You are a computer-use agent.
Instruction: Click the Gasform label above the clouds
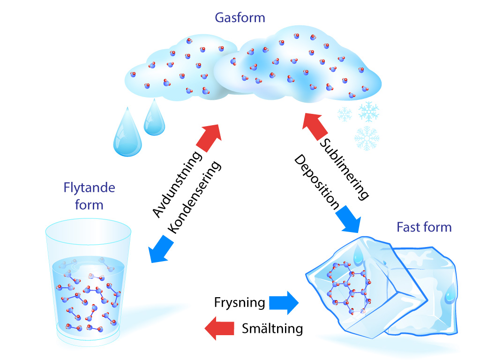[x=240, y=18]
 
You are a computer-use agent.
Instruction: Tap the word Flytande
[x=89, y=188]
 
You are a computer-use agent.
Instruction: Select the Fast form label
[x=424, y=227]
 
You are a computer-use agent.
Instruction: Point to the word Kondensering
[x=194, y=198]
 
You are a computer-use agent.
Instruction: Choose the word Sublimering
[x=345, y=169]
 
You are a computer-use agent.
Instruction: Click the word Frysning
[x=239, y=302]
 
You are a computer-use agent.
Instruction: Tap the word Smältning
[x=272, y=329]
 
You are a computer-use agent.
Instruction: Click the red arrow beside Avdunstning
[x=209, y=136]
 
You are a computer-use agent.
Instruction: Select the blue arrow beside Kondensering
[x=160, y=248]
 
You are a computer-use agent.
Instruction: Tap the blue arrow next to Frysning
[x=284, y=302]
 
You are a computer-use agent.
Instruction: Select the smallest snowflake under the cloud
[x=345, y=113]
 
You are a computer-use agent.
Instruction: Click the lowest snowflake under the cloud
[x=367, y=138]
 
